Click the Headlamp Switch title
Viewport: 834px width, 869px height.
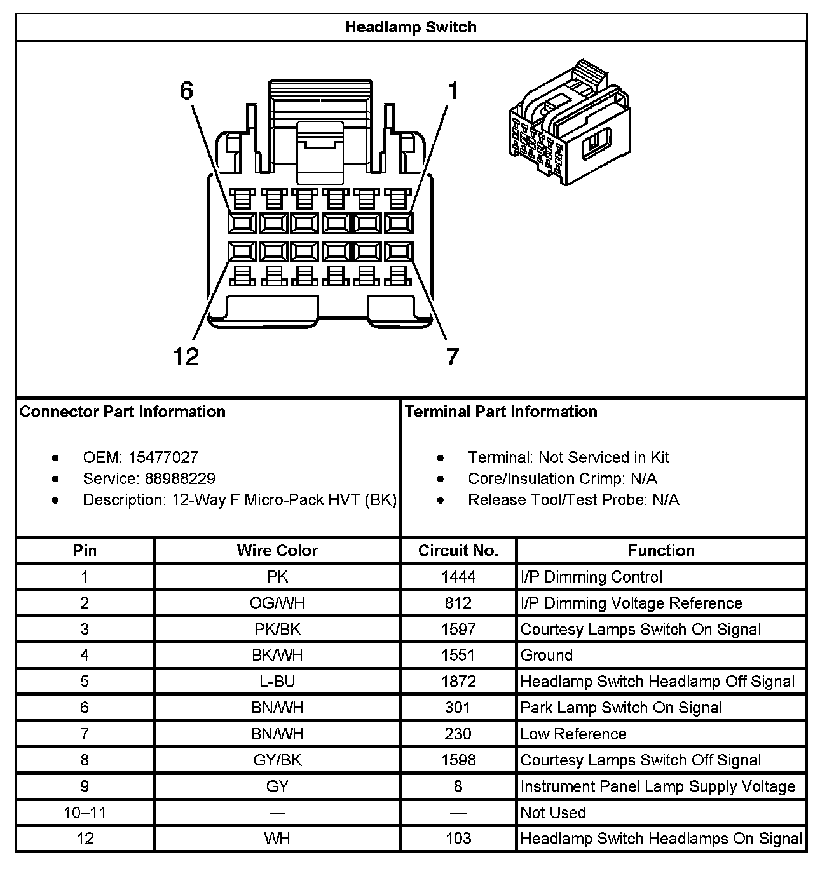tap(411, 27)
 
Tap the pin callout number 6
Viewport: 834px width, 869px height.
tap(186, 91)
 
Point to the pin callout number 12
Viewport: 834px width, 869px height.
tap(186, 357)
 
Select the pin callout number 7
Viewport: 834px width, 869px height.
tap(452, 357)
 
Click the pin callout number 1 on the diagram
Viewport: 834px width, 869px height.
tap(453, 91)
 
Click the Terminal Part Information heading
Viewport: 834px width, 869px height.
tap(501, 412)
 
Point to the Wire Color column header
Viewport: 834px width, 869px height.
tap(277, 550)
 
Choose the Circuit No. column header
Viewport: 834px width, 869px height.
tap(458, 550)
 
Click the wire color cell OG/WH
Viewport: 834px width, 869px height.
tap(277, 603)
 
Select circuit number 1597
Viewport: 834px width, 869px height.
tap(458, 629)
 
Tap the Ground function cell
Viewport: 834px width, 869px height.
tap(546, 655)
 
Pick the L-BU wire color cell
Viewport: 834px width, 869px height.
tap(277, 682)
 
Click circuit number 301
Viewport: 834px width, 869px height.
tap(458, 708)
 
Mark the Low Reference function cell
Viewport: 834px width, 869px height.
tap(573, 734)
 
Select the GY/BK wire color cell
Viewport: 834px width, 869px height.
tap(277, 760)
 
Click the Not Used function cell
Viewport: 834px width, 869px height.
tap(553, 812)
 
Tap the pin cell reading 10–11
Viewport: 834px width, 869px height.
tap(85, 812)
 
